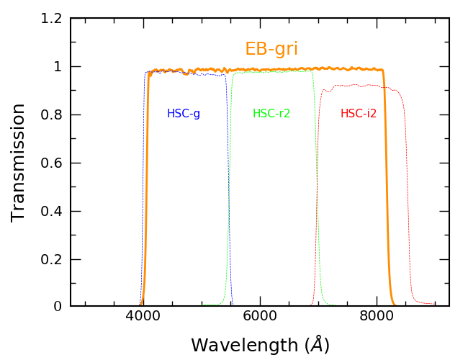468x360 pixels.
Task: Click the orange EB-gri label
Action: pos(271,50)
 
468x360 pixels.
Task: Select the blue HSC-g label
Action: pos(184,114)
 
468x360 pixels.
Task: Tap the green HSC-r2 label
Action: pos(271,114)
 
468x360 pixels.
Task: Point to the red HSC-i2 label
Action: pos(359,114)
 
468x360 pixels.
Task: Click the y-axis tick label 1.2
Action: pos(52,19)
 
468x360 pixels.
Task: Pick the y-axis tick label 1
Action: pos(58,67)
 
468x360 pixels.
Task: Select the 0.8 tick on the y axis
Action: pos(52,115)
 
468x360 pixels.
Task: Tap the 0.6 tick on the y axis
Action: pos(52,163)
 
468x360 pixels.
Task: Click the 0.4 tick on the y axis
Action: pos(52,212)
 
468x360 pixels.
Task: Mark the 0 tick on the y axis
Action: pos(58,307)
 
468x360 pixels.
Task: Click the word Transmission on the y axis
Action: pos(19,162)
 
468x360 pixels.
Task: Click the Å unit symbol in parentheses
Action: pos(315,345)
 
